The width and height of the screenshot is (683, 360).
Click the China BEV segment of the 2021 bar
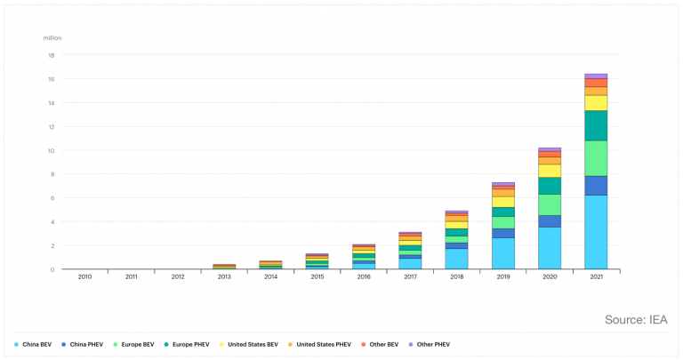pyautogui.click(x=596, y=232)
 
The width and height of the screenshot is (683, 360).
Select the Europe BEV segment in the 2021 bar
pyautogui.click(x=596, y=158)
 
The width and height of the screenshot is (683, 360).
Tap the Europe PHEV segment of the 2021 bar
pyautogui.click(x=596, y=125)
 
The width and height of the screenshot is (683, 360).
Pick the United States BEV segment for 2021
pyautogui.click(x=596, y=103)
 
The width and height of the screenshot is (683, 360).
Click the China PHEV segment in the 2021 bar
pyautogui.click(x=596, y=186)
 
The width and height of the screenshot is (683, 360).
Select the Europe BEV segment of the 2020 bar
pyautogui.click(x=550, y=204)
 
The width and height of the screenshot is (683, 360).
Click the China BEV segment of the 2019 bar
pyautogui.click(x=503, y=253)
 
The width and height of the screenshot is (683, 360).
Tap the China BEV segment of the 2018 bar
pyautogui.click(x=457, y=259)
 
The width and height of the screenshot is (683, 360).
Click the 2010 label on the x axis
pyautogui.click(x=85, y=277)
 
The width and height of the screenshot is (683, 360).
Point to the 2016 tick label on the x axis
pyautogui.click(x=364, y=277)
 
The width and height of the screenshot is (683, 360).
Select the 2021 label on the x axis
pyautogui.click(x=596, y=277)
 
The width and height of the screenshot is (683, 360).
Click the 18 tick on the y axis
pyautogui.click(x=51, y=55)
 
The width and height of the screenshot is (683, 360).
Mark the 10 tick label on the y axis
pyautogui.click(x=51, y=150)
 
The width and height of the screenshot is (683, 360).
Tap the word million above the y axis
pyautogui.click(x=52, y=38)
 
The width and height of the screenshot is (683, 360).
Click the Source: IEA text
pyautogui.click(x=635, y=319)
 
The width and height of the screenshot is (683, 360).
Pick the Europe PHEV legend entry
pyautogui.click(x=195, y=343)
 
